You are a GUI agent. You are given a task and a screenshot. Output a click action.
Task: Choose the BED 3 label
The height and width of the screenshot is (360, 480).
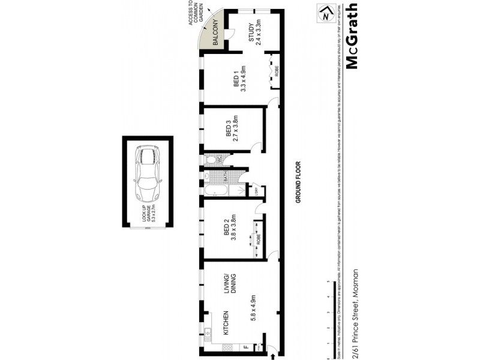pos(229,130)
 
